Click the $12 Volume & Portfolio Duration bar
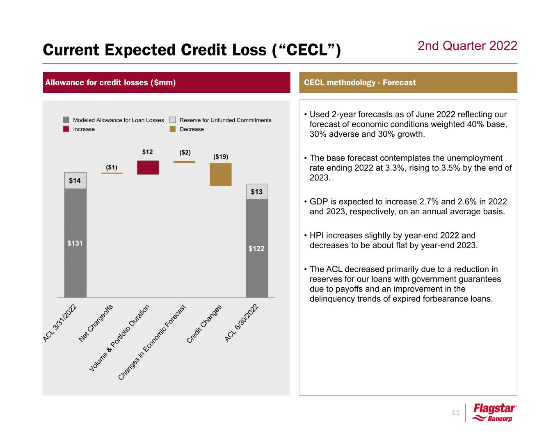148,167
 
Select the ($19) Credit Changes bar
220,174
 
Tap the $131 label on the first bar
75,243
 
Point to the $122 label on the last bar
256,248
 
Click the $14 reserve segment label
75,181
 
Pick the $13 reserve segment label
256,192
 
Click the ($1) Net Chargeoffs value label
112,167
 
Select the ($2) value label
185,153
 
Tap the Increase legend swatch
66,129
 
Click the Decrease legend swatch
173,129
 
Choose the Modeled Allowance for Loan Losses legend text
118,120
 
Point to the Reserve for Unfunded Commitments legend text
225,120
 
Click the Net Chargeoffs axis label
96,323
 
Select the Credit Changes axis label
205,324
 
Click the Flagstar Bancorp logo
495,413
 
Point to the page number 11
455,413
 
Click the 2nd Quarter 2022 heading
467,46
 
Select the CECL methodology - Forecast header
360,82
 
